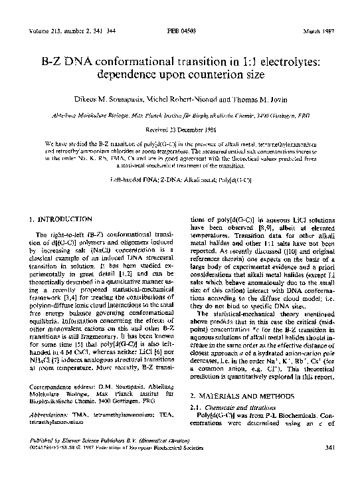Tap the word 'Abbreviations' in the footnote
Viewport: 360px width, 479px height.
click(x=51, y=411)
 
